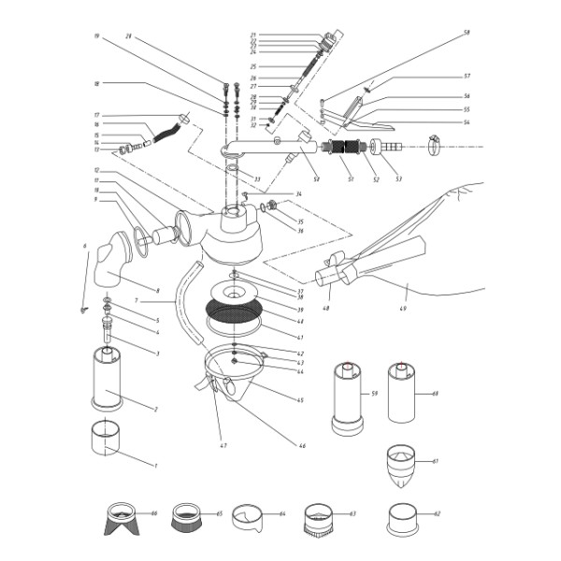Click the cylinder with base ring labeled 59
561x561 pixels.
(346, 396)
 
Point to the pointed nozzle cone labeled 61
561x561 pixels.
(402, 467)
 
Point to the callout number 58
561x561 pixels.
(466, 32)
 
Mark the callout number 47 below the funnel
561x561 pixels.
(223, 445)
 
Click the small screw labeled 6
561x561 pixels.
(83, 308)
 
